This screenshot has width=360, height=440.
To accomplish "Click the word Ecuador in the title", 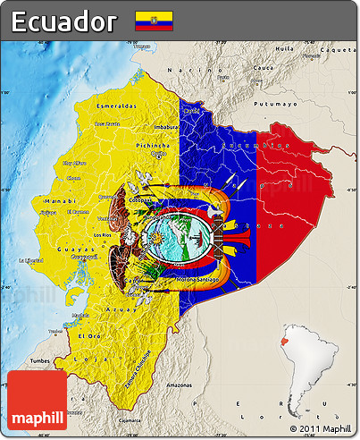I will coord(63,21).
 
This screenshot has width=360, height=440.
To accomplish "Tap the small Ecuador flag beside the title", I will coord(154,21).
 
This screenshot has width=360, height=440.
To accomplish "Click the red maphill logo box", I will coord(37,401).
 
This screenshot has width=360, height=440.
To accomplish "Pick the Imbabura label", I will coord(164,127).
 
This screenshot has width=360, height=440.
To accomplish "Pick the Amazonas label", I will coord(179,385).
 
